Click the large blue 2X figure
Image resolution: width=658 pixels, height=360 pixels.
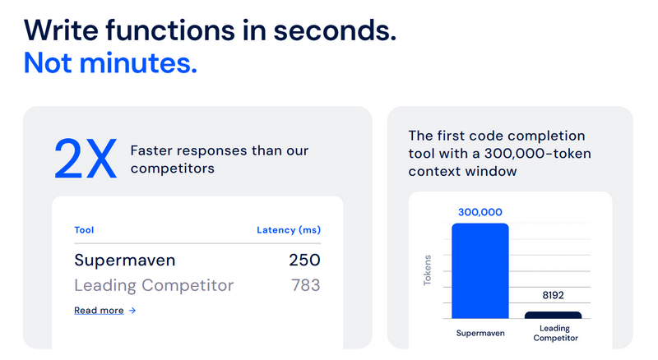point(86,159)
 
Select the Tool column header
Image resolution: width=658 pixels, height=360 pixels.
point(84,230)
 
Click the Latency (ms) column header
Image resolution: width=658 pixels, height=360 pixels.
point(288,230)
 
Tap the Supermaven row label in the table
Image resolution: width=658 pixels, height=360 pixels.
point(125,261)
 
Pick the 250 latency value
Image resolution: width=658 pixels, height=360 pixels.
point(304,261)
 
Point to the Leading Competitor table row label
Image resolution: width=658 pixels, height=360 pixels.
point(154,286)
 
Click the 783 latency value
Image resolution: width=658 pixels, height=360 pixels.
point(305,286)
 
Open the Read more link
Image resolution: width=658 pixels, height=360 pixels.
point(99,311)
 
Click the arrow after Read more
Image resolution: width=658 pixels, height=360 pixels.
point(132,311)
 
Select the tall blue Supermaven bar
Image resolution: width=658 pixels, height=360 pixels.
point(480,270)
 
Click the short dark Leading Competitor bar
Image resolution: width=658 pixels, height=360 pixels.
point(553,315)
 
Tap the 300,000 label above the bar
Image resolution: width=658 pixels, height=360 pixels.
point(480,212)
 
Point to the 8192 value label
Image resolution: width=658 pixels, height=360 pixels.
point(553,295)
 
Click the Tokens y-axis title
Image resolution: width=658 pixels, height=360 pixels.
point(428,270)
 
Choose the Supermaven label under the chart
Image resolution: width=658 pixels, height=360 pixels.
point(480,333)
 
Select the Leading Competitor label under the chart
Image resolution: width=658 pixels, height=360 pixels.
point(554,333)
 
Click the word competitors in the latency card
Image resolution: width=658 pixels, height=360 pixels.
point(173,168)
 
